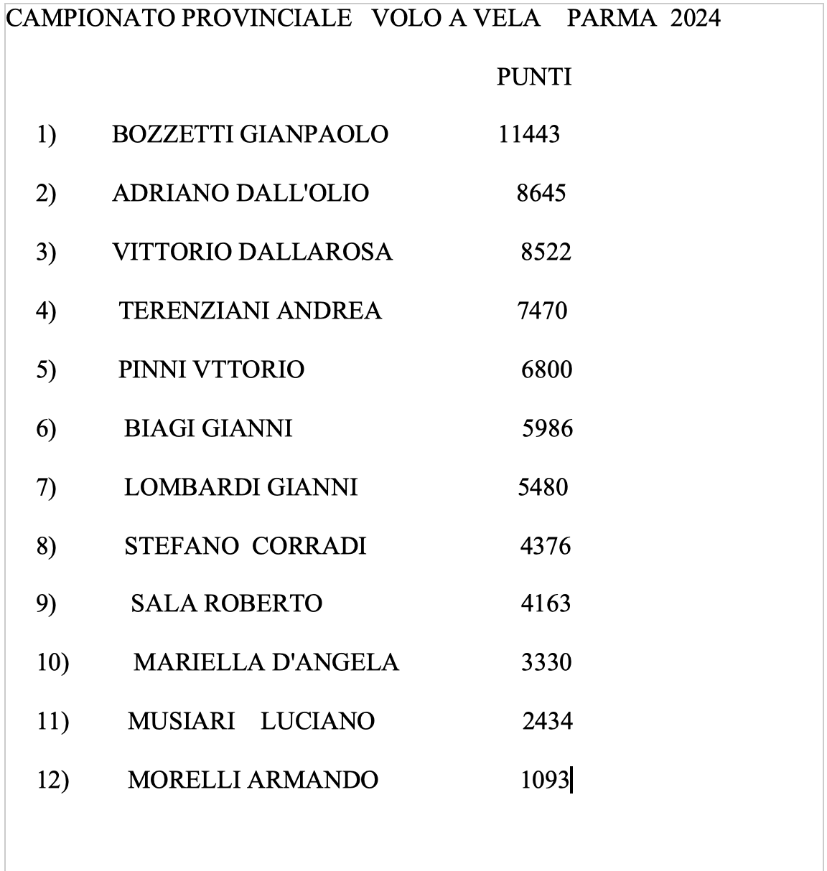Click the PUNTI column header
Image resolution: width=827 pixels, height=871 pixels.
534,77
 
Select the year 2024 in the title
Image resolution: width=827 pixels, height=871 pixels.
695,18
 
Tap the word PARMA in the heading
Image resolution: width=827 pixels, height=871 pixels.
612,18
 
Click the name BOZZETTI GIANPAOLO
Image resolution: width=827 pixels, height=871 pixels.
250,134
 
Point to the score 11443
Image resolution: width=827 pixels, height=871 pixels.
529,134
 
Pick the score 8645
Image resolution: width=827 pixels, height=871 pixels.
541,193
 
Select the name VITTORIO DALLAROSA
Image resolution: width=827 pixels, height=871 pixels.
252,252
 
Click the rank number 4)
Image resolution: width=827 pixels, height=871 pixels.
46,311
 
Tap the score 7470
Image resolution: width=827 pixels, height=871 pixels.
542,311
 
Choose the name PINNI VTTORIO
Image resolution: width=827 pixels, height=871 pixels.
211,369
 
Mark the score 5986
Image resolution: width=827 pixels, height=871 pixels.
547,428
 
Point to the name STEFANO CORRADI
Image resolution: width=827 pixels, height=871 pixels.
245,546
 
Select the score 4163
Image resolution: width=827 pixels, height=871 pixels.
546,603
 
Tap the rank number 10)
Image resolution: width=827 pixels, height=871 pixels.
52,662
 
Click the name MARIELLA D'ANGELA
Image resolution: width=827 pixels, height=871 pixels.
266,662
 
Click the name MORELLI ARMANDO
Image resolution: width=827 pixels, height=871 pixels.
253,780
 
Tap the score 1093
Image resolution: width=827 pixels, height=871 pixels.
545,780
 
